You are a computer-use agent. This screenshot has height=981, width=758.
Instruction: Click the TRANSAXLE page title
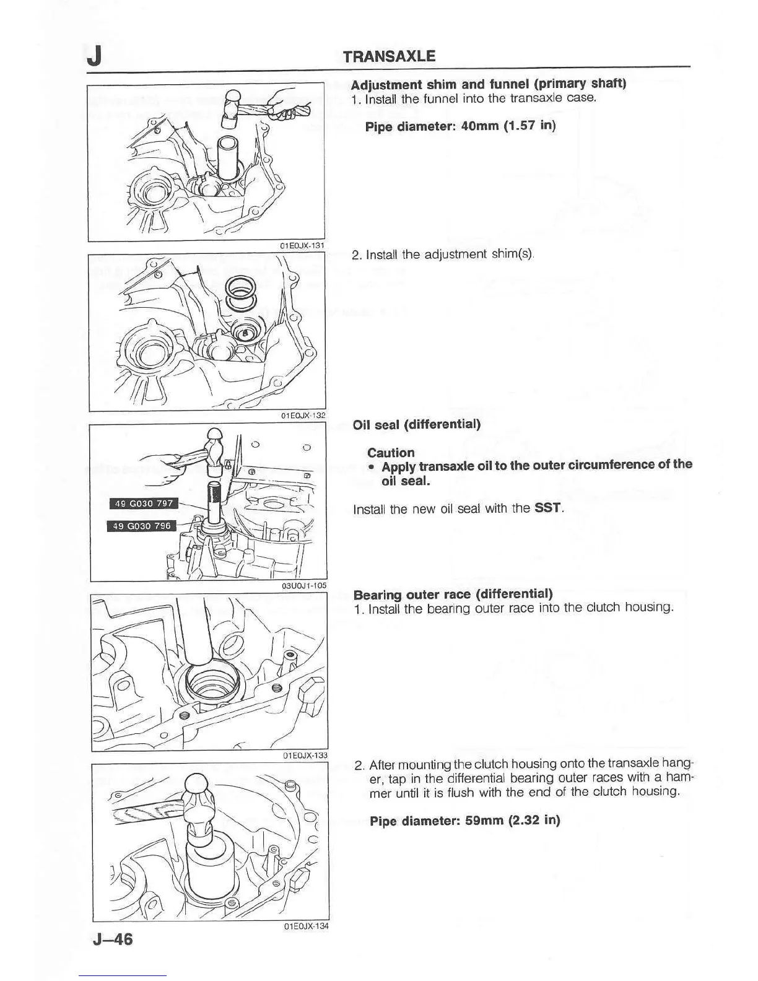point(389,56)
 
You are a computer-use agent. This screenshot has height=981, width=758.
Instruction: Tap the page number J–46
point(112,939)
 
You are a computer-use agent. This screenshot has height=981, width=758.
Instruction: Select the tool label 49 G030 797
point(143,503)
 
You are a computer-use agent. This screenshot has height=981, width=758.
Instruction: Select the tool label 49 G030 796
point(142,526)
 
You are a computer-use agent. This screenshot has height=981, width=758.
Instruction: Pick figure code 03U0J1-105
point(303,585)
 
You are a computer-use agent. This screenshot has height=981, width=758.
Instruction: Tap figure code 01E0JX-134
point(306,926)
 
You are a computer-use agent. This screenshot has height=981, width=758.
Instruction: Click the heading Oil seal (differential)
point(416,424)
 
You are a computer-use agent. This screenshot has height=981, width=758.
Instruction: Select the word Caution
point(391,453)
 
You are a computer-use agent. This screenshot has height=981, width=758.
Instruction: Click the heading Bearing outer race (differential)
point(453,595)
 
